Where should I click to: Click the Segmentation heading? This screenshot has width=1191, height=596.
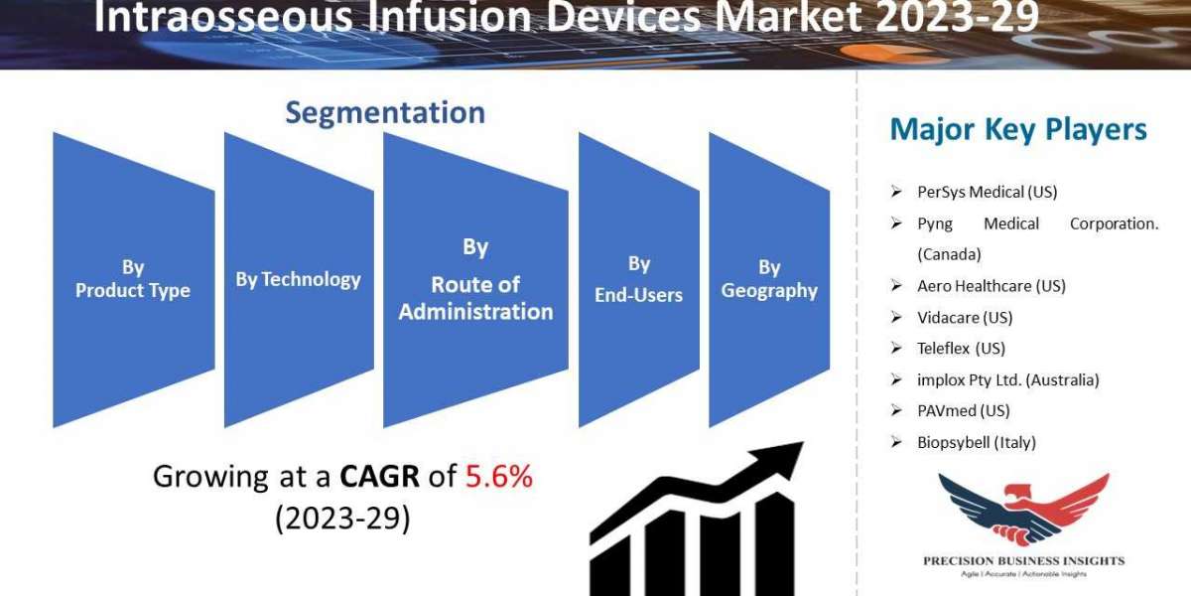[x=385, y=113]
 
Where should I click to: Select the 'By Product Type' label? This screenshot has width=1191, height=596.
[x=133, y=278]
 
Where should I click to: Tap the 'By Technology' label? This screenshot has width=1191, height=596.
[x=299, y=279]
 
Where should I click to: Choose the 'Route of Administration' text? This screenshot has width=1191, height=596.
[x=475, y=298]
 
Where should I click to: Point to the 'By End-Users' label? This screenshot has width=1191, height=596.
[x=638, y=279]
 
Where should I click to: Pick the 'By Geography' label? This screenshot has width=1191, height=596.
[x=769, y=279]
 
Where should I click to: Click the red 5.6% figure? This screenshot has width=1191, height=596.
[x=498, y=476]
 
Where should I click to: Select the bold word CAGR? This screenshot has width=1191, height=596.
[x=379, y=476]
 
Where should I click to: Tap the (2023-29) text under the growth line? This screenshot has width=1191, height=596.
[x=343, y=518]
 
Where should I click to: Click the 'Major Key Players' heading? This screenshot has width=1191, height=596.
[x=1018, y=129]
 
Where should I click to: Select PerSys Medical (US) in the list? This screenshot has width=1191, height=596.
[x=988, y=192]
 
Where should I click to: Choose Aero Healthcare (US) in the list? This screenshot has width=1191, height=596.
[x=992, y=286]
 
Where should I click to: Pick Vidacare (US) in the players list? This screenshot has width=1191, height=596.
[x=965, y=317]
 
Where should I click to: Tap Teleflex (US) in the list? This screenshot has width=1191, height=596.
[x=962, y=348]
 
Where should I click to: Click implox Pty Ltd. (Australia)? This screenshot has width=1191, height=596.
[x=1008, y=379]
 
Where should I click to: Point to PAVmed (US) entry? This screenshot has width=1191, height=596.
[x=964, y=410]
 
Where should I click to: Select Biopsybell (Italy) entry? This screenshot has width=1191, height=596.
[x=977, y=442]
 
